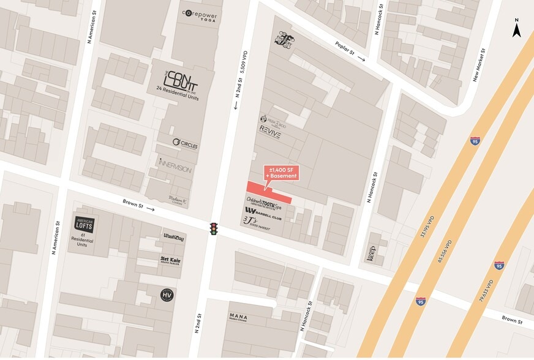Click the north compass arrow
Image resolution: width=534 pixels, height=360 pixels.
tap(517, 29)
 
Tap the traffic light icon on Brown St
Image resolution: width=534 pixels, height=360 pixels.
tap(214, 229)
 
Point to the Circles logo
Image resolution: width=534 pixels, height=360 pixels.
tap(185, 143)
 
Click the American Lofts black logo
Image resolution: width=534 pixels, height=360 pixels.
tap(85, 225)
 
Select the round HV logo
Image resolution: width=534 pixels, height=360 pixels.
tap(167, 295)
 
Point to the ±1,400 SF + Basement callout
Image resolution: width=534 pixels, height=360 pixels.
tap(282, 173)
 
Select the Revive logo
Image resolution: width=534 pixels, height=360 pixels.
tap(270, 132)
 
